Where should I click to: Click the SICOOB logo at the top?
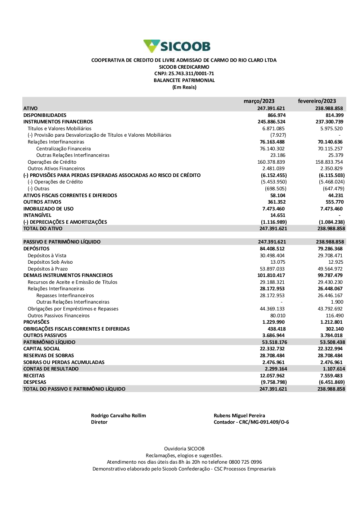177,46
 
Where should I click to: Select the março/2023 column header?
259,101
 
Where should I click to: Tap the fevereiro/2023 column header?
317,101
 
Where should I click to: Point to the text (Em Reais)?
184,87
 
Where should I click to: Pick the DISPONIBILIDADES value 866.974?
276,115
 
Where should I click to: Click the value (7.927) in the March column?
278,135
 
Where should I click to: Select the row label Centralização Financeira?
63,149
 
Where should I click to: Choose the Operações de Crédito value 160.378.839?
271,162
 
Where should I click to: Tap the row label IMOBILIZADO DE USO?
48,209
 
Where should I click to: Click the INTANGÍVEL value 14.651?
278,215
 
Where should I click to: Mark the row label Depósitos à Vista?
47,256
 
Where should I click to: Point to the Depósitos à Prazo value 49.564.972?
330,269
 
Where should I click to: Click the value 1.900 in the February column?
337,302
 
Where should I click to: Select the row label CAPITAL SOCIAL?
42,349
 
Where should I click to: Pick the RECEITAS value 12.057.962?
272,376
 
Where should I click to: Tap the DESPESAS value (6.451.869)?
332,382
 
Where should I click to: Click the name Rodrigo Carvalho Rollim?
118,416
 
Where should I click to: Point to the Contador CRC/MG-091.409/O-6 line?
251,422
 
